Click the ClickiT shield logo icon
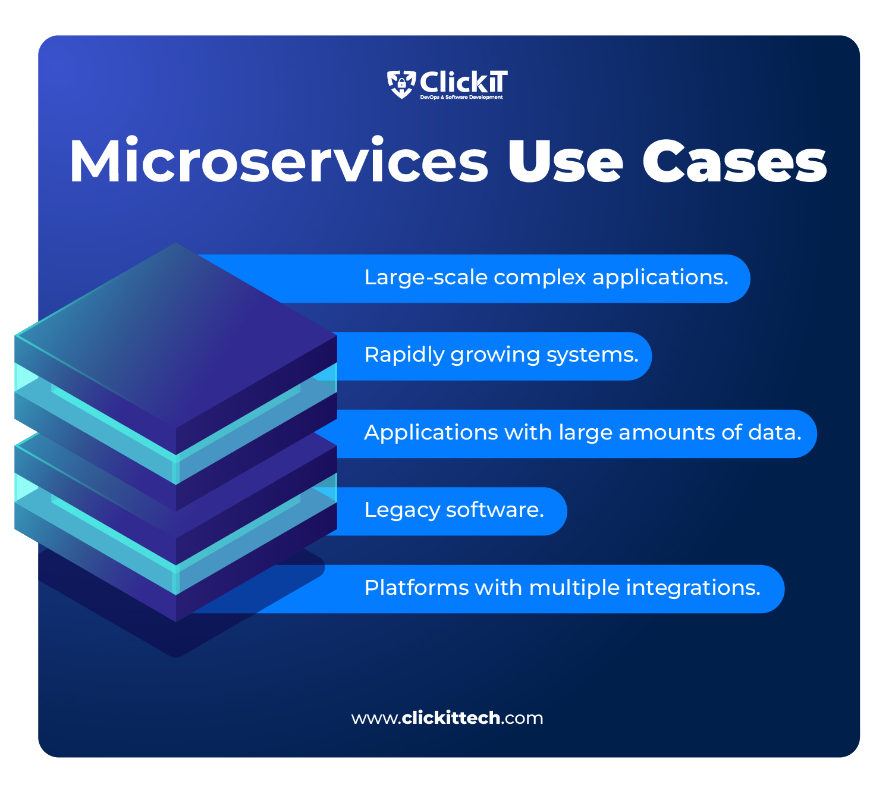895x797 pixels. point(401,84)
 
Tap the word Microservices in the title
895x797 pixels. point(278,162)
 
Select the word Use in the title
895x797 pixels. point(564,162)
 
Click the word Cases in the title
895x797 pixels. point(734,162)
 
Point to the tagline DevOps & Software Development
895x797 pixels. point(461,98)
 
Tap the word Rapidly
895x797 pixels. point(404,355)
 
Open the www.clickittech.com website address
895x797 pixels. point(447,718)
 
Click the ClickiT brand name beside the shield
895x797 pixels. point(464,82)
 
